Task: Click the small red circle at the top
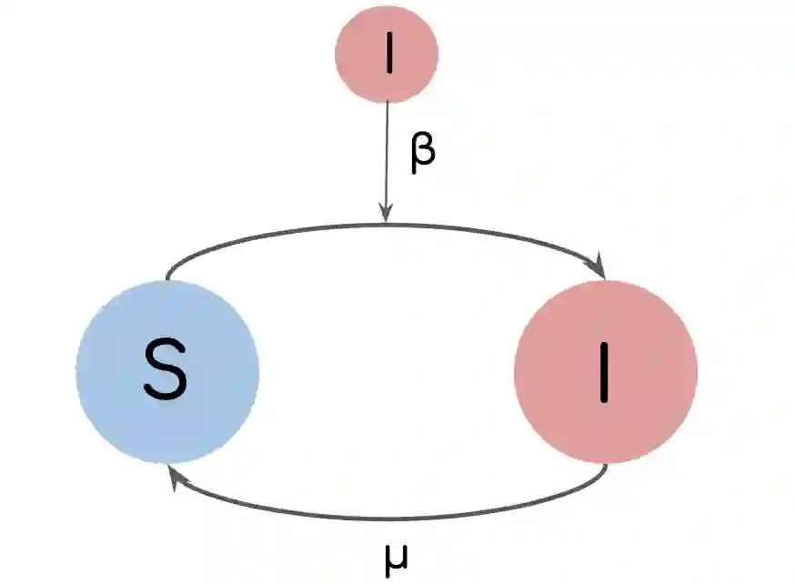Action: click(x=387, y=54)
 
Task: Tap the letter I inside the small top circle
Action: click(x=389, y=55)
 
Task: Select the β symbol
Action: click(x=422, y=151)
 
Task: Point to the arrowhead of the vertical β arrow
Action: click(x=387, y=216)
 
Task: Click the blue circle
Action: click(x=167, y=371)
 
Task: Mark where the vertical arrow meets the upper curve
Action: click(x=387, y=224)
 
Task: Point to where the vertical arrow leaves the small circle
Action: click(x=387, y=103)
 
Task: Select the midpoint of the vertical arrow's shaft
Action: click(x=387, y=162)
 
